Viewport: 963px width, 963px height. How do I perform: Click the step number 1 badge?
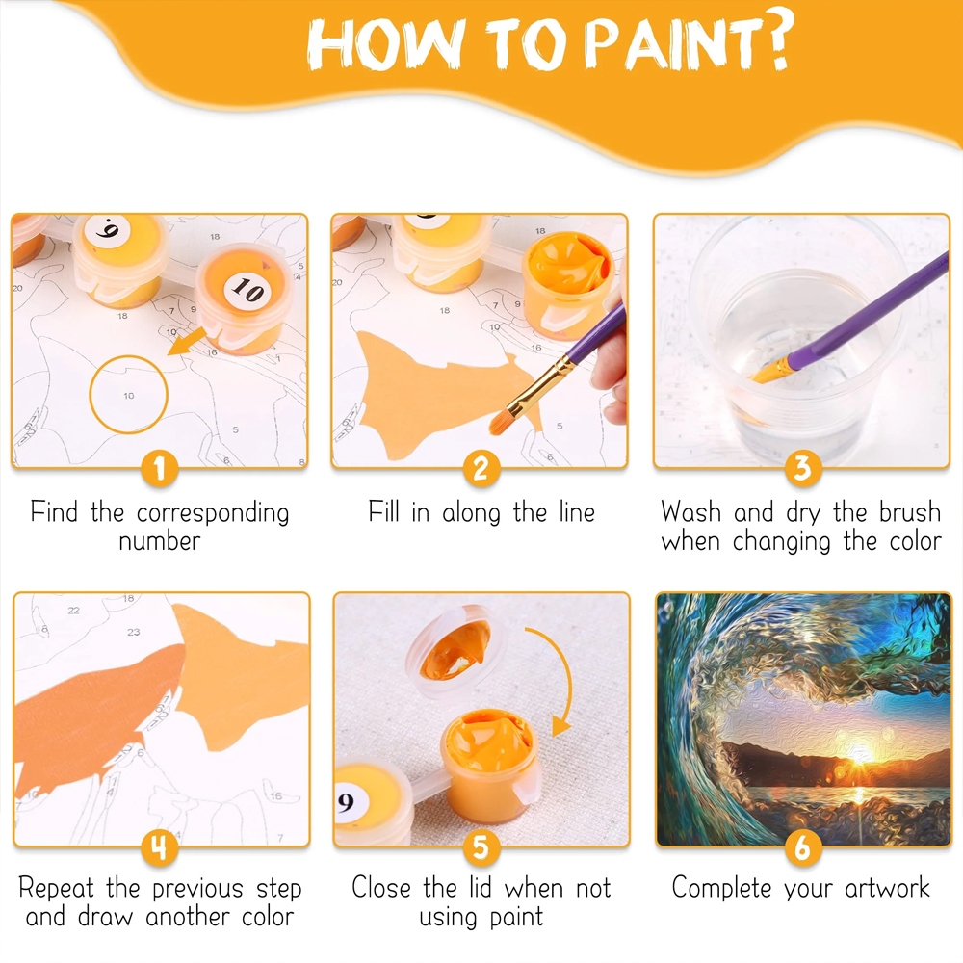(x=160, y=469)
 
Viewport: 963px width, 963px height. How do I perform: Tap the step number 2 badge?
(x=481, y=469)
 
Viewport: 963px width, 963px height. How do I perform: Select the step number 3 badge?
(x=803, y=468)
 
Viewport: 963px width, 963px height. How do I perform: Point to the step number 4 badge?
(x=160, y=847)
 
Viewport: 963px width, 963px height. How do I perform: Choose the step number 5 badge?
(x=481, y=847)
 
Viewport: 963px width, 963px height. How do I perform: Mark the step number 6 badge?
(x=803, y=847)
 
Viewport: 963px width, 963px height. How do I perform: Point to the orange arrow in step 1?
(x=187, y=342)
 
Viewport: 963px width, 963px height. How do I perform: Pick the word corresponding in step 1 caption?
(x=213, y=513)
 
